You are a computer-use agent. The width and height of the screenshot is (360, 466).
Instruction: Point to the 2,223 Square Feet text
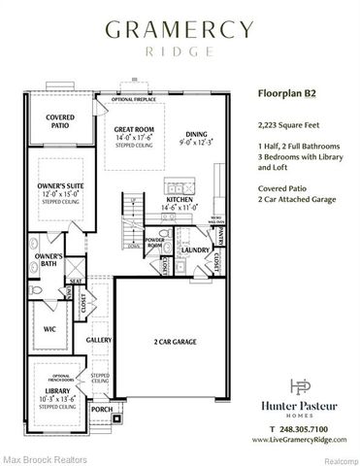282,125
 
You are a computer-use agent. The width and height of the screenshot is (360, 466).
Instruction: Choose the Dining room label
197,134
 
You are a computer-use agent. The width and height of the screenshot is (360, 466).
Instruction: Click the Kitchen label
180,199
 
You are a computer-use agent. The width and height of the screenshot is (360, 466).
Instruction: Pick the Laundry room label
195,250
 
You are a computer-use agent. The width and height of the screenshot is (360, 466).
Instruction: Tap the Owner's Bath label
35,260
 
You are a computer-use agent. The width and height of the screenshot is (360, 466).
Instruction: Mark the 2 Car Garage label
174,343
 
